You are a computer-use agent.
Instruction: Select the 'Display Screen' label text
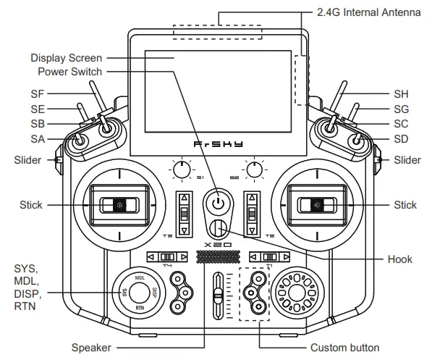pyautogui.click(x=66, y=57)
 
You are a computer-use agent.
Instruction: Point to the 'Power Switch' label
pyautogui.click(x=70, y=71)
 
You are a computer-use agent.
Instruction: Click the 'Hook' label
pyautogui.click(x=399, y=259)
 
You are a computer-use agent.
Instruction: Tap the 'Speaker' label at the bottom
pyautogui.click(x=91, y=348)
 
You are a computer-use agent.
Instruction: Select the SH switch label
pyautogui.click(x=401, y=93)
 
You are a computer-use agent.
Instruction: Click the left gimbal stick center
pyautogui.click(x=117, y=206)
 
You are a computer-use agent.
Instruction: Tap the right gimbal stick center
pyautogui.click(x=315, y=206)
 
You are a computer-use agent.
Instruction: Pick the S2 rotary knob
pyautogui.click(x=254, y=170)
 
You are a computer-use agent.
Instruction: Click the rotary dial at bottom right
pyautogui.click(x=295, y=291)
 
